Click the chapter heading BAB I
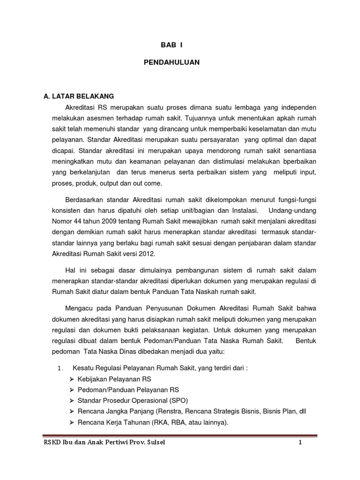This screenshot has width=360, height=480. point(171,46)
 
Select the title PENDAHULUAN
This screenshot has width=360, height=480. point(171,62)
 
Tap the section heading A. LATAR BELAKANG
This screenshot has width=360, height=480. point(79,97)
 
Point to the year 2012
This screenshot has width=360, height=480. point(145,254)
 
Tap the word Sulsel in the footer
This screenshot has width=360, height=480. point(155,443)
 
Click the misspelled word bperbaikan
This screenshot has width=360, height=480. point(298,161)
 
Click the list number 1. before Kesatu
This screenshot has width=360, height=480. point(60,368)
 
